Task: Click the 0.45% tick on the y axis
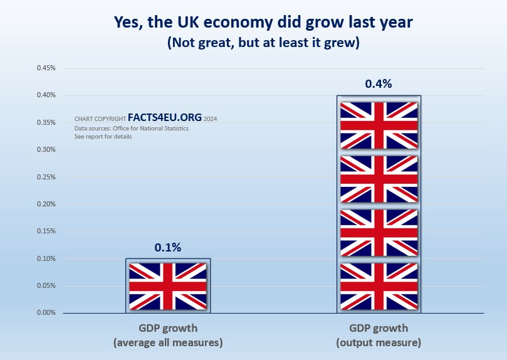point(47,68)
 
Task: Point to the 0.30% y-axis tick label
point(47,149)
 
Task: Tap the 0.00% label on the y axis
point(47,312)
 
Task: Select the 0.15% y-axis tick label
point(47,231)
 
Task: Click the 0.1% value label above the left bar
point(168,248)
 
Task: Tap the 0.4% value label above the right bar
point(379,84)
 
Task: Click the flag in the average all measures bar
point(168,286)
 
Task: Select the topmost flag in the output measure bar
point(379,125)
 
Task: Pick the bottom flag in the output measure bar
point(379,286)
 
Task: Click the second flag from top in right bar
point(379,179)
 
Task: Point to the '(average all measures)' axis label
point(168,343)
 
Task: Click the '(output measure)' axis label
point(379,343)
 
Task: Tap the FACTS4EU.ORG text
point(164,118)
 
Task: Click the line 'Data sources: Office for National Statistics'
point(131,128)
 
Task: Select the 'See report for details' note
point(103,137)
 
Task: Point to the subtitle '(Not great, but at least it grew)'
point(254,44)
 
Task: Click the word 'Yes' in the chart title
point(128,22)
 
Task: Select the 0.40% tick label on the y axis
point(47,95)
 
